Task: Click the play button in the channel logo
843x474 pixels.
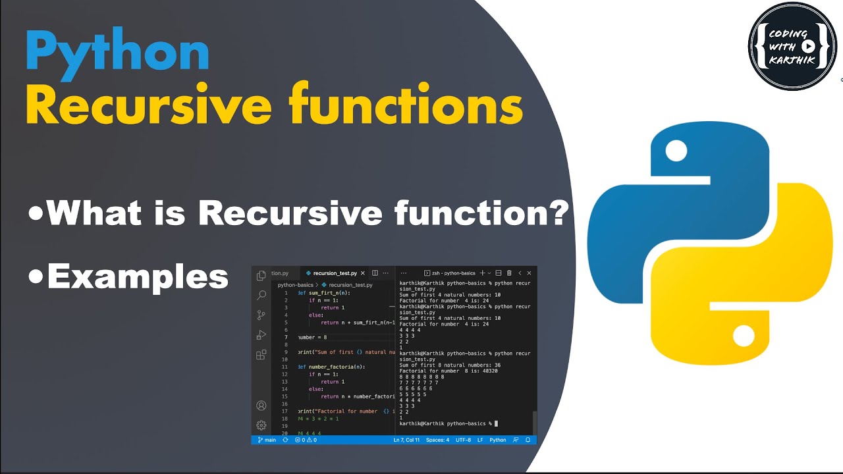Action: (x=809, y=46)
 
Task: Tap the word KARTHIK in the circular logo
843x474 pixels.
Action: (x=793, y=61)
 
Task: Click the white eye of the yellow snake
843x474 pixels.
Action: (x=743, y=337)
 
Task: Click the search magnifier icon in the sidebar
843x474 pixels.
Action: (x=261, y=295)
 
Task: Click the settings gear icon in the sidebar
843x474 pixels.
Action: (x=261, y=425)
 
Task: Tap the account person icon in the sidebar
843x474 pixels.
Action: (x=261, y=406)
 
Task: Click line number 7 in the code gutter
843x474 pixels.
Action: (x=286, y=337)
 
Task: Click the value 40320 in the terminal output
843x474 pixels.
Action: (x=488, y=371)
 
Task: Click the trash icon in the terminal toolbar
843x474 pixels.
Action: (x=508, y=273)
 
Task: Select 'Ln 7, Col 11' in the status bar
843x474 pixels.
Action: (x=406, y=440)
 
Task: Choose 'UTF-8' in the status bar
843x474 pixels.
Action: (x=463, y=440)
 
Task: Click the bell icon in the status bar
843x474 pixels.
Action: (x=528, y=440)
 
